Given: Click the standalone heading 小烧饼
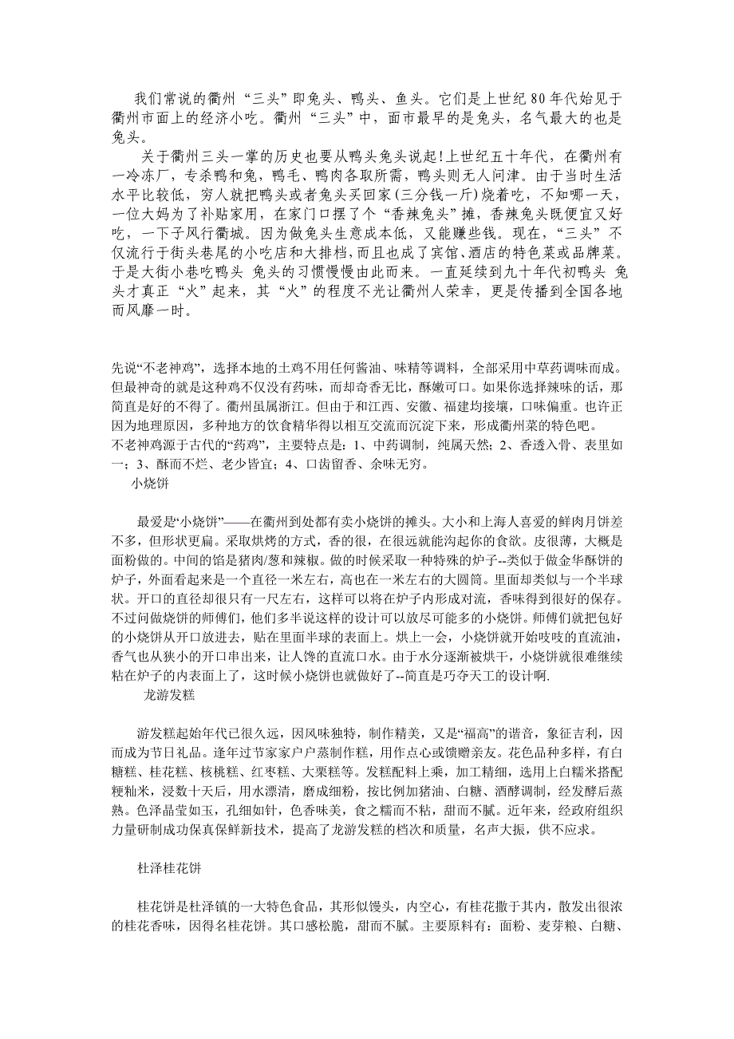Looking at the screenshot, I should coord(150,484).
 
